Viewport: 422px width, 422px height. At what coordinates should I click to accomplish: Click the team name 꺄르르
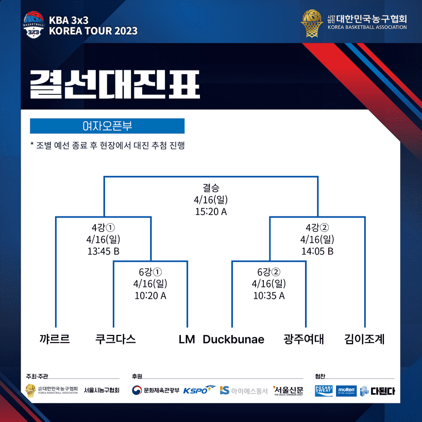click(55, 339)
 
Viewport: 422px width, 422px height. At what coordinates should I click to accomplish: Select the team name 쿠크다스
click(116, 339)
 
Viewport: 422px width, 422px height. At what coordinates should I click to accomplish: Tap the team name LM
click(187, 340)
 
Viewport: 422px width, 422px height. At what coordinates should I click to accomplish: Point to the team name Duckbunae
click(233, 340)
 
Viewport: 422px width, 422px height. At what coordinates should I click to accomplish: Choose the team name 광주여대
click(304, 339)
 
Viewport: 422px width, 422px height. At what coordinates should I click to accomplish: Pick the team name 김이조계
click(364, 339)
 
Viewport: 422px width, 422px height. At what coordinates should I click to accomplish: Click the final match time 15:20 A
click(211, 212)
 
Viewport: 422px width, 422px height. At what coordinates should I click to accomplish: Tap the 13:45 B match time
click(103, 251)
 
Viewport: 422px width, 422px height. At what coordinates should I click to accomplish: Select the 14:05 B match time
click(317, 251)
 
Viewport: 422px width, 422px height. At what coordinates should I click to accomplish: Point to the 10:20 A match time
click(150, 296)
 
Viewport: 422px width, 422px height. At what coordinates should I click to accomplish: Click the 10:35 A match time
click(268, 296)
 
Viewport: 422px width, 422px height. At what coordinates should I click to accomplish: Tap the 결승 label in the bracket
click(211, 188)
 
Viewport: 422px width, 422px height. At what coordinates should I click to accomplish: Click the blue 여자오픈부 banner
click(107, 126)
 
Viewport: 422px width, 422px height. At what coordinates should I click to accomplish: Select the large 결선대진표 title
click(114, 83)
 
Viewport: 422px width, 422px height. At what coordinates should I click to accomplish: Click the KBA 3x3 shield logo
click(33, 25)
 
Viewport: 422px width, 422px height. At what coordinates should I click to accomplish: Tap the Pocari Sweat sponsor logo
click(324, 391)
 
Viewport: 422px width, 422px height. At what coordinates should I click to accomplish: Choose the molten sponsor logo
click(346, 391)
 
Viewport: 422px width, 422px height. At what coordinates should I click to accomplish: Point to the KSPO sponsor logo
click(199, 390)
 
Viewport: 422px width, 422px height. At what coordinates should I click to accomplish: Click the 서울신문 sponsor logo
click(289, 390)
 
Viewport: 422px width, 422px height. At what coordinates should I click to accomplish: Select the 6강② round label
click(268, 272)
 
